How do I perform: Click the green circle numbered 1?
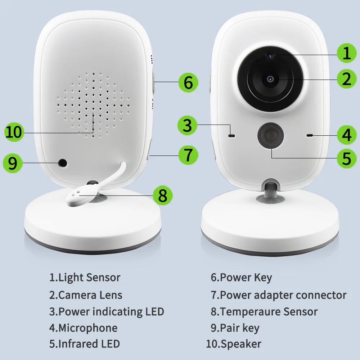pos(346,53)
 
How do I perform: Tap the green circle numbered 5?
pos(346,158)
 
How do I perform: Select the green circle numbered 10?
pos(14,132)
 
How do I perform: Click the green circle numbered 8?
pos(162,195)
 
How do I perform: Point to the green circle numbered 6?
pos(188,82)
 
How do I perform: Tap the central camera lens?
pos(270,79)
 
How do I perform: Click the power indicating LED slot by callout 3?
pos(232,136)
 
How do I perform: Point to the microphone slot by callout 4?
pos(309,135)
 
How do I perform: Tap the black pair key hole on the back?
pos(63,163)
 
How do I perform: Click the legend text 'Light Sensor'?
pos(89,278)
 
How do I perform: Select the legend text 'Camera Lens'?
pos(90,295)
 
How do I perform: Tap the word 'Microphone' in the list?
pos(87,328)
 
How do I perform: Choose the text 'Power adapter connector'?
pos(283,295)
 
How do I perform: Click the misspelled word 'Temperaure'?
pos(251,311)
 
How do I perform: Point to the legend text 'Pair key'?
pos(239,328)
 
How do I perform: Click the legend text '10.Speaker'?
pos(233,344)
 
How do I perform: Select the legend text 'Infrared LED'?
pos(89,344)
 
